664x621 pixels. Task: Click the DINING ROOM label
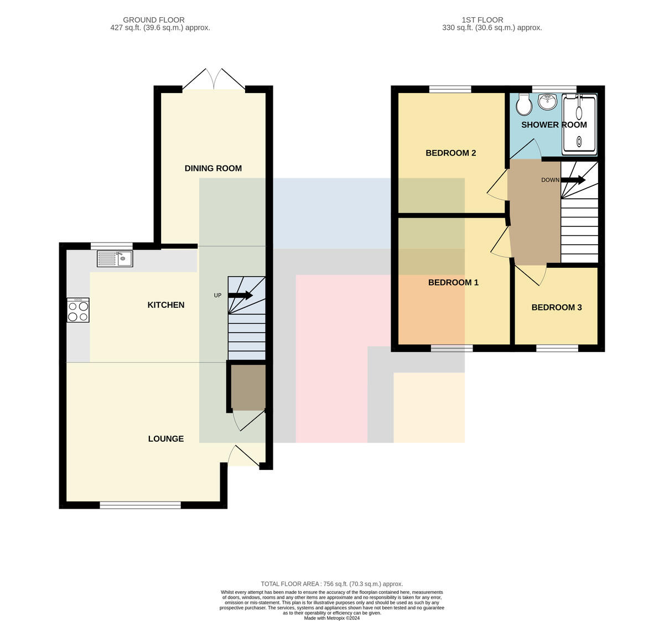(213, 168)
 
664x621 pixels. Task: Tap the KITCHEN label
(166, 305)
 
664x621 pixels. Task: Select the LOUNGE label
(166, 439)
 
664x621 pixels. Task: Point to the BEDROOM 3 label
(556, 307)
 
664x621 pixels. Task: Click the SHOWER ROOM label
(554, 125)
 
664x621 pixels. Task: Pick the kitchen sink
(115, 258)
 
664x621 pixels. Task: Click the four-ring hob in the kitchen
(78, 310)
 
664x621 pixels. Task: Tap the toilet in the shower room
(523, 104)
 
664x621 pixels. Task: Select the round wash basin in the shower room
(547, 101)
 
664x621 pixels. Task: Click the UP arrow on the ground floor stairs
(240, 295)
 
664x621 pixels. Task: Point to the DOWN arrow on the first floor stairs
(573, 180)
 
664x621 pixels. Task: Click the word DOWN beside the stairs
(551, 180)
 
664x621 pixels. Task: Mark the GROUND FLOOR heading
(154, 20)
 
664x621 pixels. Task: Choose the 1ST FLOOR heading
(482, 20)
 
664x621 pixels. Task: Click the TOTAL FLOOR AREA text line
(331, 584)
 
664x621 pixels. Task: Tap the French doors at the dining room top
(214, 79)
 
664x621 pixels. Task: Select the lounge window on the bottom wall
(141, 505)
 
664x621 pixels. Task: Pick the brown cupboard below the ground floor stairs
(248, 387)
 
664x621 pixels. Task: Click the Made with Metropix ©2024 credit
(331, 618)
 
